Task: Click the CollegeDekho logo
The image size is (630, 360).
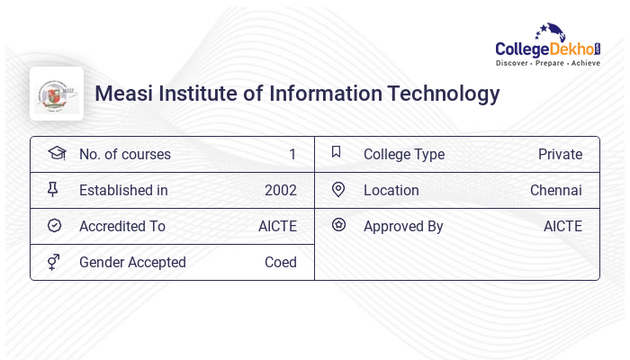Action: [548, 46]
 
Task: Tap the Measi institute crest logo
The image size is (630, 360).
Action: [57, 94]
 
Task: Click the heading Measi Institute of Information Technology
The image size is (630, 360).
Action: [297, 94]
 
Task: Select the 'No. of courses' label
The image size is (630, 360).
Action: [124, 155]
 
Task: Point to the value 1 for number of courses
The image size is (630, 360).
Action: [292, 155]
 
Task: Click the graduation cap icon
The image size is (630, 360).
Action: [56, 154]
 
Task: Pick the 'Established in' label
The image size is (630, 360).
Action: [123, 191]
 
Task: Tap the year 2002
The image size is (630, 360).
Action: [280, 191]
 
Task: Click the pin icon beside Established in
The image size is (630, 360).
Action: [54, 190]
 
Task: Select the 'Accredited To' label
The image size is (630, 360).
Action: [122, 227]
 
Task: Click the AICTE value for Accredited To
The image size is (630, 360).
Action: [277, 227]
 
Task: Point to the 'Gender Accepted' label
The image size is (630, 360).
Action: [132, 263]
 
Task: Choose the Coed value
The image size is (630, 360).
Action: [280, 263]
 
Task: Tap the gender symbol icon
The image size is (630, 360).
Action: [54, 262]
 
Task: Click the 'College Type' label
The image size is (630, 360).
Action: [403, 155]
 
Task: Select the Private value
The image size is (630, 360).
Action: [560, 155]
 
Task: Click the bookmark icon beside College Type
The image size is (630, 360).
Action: [337, 153]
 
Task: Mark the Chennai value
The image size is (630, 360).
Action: [555, 191]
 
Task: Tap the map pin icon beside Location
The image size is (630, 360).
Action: [338, 190]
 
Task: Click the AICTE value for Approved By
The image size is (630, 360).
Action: [562, 227]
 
